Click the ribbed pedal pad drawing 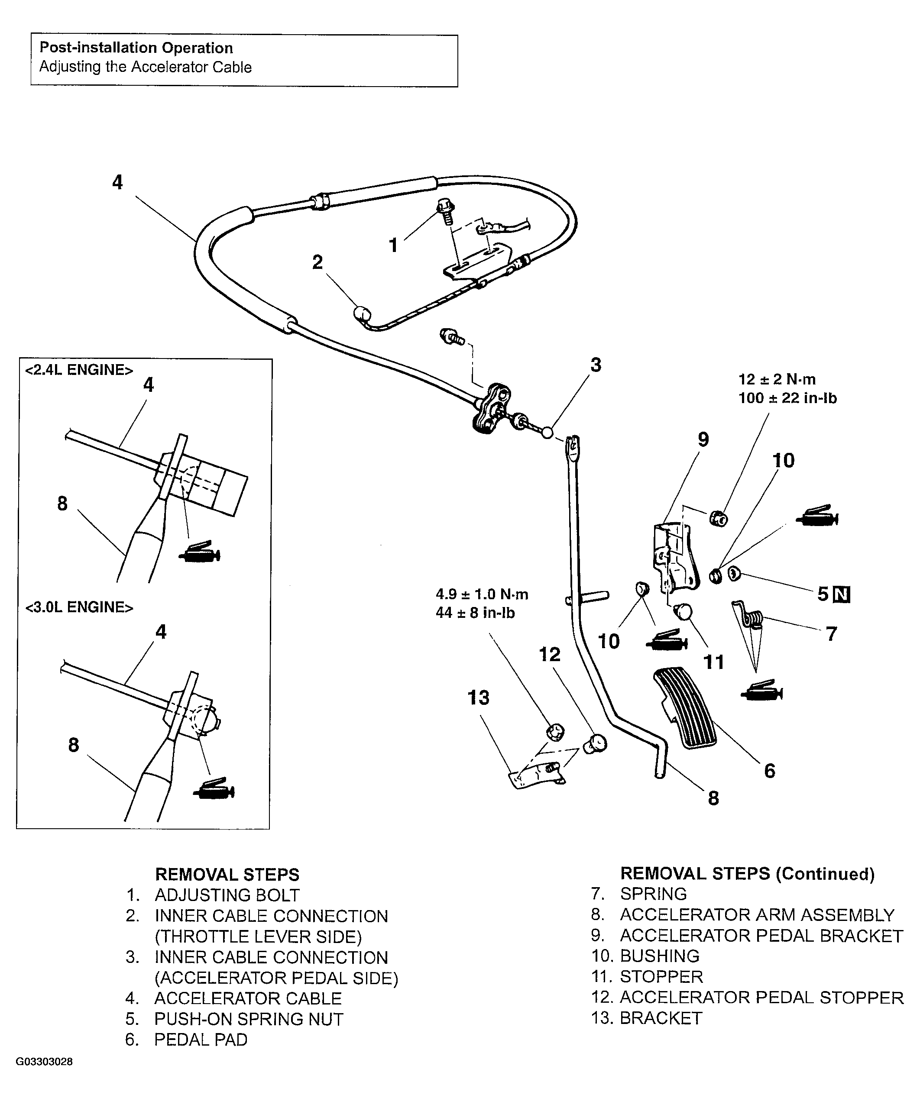[685, 708]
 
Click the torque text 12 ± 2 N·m [777, 379]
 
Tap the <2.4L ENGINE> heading [79, 370]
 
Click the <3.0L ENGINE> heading [79, 607]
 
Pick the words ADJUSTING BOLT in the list [227, 895]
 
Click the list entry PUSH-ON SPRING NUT [249, 1019]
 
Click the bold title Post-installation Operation [136, 48]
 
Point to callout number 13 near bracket [479, 698]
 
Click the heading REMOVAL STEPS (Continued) [747, 874]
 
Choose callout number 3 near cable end [596, 365]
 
